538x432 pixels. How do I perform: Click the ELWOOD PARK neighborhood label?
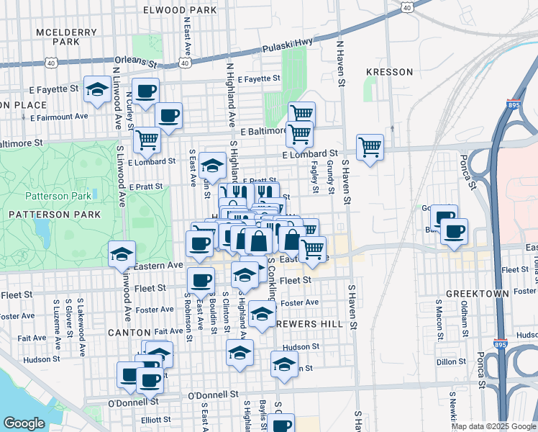pos(180,11)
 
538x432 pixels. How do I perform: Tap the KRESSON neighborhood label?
pos(389,72)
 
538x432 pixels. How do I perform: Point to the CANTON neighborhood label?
pos(129,333)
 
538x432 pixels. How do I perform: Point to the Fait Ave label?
pos(32,338)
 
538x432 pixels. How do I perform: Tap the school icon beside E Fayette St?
pos(96,89)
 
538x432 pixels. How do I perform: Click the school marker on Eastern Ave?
pos(122,253)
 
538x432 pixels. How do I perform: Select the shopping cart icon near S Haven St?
pos(370,147)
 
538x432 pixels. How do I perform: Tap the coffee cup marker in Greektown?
pos(455,231)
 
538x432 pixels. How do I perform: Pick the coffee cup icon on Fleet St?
pos(201,281)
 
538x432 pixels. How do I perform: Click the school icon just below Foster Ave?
pos(262,314)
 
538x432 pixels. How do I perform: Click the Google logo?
pos(24,423)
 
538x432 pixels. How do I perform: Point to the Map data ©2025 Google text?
pos(493,426)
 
